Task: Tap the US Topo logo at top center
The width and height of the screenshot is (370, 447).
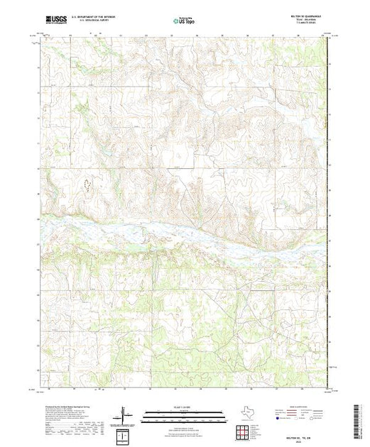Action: tap(184, 21)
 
